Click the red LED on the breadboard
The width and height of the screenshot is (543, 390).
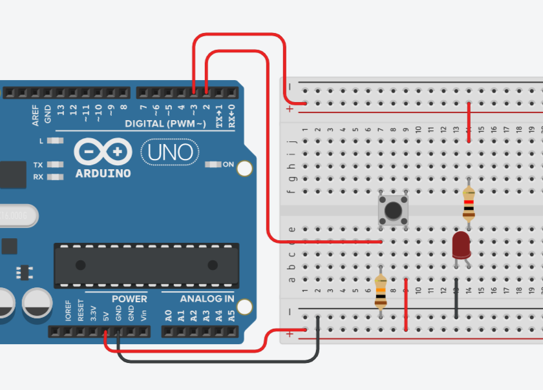pyautogui.click(x=461, y=245)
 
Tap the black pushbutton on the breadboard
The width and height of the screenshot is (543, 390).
pyautogui.click(x=393, y=210)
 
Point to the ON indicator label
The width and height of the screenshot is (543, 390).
pyautogui.click(x=228, y=165)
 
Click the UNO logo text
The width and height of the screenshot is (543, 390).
pyautogui.click(x=170, y=152)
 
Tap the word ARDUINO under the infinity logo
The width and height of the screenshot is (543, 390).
pyautogui.click(x=103, y=174)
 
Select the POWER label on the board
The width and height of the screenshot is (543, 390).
pyautogui.click(x=129, y=299)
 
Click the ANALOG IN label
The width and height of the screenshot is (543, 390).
pyautogui.click(x=207, y=299)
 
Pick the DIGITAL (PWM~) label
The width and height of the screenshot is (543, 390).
pyautogui.click(x=165, y=123)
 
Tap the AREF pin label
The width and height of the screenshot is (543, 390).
pyautogui.click(x=36, y=115)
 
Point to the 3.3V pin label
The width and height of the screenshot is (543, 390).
pyautogui.click(x=93, y=314)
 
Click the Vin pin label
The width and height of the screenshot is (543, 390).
pyautogui.click(x=144, y=316)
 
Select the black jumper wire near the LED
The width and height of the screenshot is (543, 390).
pyautogui.click(x=456, y=298)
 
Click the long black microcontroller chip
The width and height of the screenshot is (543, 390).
pyautogui.click(x=146, y=265)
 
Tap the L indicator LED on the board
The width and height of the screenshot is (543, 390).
pyautogui.click(x=57, y=140)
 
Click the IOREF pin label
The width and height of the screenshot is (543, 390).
pyautogui.click(x=68, y=311)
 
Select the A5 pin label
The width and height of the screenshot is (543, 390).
pyautogui.click(x=231, y=316)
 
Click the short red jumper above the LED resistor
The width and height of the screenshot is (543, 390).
pyautogui.click(x=469, y=123)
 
